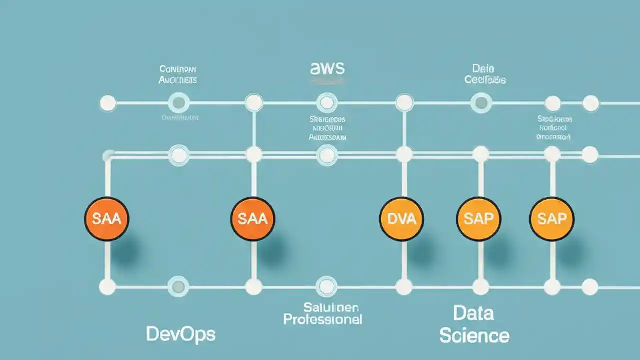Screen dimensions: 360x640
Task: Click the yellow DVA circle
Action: [x=402, y=219]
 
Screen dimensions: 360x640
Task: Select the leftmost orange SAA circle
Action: [x=107, y=219]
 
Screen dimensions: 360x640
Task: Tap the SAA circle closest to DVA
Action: [x=253, y=219]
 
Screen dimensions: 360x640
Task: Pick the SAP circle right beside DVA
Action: [x=479, y=219]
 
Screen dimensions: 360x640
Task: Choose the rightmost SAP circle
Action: [x=552, y=219]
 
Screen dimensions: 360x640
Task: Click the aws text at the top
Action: [x=327, y=68]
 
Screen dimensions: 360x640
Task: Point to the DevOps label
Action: [x=181, y=334]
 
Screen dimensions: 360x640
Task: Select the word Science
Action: [x=474, y=335]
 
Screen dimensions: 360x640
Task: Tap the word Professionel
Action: [x=322, y=319]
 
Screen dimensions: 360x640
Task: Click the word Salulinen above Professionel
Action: [x=324, y=306]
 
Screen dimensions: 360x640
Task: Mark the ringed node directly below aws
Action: [x=327, y=103]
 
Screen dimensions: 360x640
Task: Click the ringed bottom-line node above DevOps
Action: [x=178, y=287]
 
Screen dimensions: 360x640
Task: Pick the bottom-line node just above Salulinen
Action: [x=326, y=287]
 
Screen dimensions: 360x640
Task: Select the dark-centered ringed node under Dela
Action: [x=481, y=103]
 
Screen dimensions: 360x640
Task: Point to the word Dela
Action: [x=483, y=68]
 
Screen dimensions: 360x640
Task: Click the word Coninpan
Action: [x=178, y=69]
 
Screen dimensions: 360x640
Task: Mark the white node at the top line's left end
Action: [x=108, y=103]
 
